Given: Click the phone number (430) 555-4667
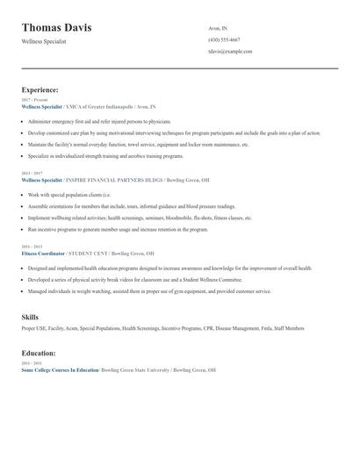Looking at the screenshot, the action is pyautogui.click(x=224, y=40).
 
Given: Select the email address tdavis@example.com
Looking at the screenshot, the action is pyautogui.click(x=230, y=52).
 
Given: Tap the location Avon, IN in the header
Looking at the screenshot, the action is pyautogui.click(x=217, y=28).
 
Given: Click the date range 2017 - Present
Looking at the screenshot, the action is pyautogui.click(x=34, y=100).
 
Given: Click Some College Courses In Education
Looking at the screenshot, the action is pyautogui.click(x=60, y=370).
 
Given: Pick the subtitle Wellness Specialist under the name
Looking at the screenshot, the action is pyautogui.click(x=44, y=41).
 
